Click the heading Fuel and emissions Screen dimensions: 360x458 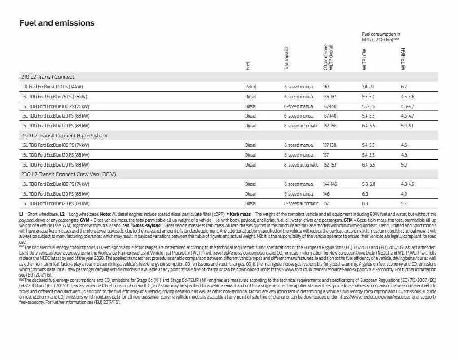click(57, 23)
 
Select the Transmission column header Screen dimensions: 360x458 click(286, 57)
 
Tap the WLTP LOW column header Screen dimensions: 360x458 click(365, 59)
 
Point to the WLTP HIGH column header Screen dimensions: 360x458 click(403, 59)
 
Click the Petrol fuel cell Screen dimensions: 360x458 click(251, 87)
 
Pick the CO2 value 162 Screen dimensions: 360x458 click(326, 87)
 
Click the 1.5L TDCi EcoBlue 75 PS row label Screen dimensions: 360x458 click(54, 97)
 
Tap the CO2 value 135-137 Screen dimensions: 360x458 click(330, 97)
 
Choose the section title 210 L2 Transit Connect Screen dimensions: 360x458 click(48, 77)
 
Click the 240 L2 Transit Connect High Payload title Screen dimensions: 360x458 click(64, 136)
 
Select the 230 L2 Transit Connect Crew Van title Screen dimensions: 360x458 click(65, 174)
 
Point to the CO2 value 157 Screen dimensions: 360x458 click(326, 204)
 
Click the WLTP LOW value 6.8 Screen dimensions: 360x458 click(365, 204)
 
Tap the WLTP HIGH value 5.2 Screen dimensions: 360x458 click(404, 204)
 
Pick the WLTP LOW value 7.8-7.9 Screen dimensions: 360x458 click(368, 87)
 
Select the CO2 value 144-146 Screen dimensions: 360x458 click(330, 184)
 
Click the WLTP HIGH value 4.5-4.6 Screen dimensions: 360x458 click(407, 97)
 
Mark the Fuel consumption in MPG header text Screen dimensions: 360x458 click(381, 37)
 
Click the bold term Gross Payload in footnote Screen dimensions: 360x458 click(146, 225)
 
